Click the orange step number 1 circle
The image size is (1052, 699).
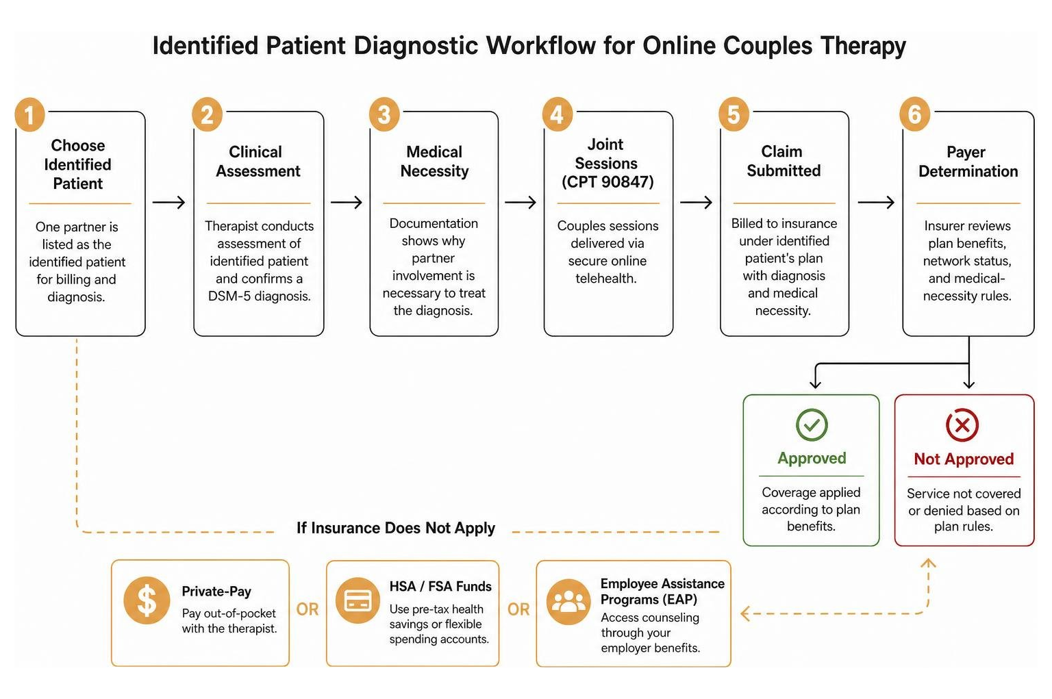29,114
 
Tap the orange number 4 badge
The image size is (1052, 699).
557,114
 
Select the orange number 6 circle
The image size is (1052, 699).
914,114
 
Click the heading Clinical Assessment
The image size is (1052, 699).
258,162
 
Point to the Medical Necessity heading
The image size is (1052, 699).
434,162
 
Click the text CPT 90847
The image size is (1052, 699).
608,182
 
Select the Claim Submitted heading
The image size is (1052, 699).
784,161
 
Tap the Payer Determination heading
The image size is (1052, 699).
968,162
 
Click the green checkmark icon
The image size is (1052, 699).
812,425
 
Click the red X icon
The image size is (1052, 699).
962,425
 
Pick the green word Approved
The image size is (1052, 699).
812,458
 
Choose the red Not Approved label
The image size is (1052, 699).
964,459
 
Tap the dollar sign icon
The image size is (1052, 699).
147,600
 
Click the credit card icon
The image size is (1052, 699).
358,600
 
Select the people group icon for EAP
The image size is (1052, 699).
568,602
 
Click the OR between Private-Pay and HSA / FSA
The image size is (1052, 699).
307,609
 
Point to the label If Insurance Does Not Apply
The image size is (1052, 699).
395,528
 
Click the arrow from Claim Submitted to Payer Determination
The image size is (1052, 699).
876,203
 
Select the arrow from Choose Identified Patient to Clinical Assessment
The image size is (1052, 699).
168,203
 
